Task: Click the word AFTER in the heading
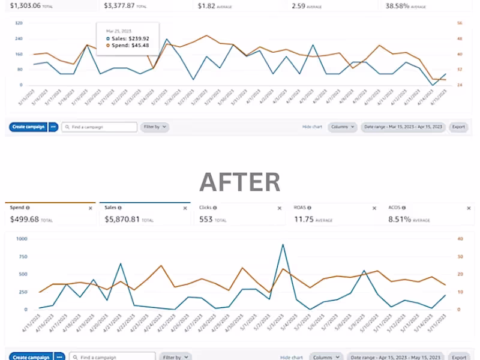(239, 181)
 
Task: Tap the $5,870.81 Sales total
(122, 219)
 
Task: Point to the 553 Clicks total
(206, 219)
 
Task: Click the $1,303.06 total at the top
(21, 5)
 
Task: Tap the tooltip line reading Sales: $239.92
(128, 38)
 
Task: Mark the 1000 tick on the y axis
(22, 239)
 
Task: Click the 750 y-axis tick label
(23, 257)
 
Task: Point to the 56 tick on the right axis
(460, 23)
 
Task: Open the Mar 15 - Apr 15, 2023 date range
(403, 127)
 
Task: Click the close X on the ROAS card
(375, 208)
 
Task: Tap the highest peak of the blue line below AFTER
(283, 244)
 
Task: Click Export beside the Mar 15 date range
(458, 127)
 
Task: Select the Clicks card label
(206, 208)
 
